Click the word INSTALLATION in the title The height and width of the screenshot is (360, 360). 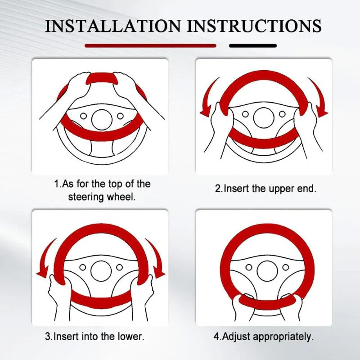point(113,26)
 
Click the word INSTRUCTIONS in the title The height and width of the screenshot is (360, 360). point(254,26)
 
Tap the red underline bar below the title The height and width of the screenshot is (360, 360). point(151,46)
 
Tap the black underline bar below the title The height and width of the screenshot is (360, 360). point(253,46)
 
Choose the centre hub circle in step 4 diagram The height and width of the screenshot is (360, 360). point(267,271)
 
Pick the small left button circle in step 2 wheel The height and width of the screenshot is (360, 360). point(245,114)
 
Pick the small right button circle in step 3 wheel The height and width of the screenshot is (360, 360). point(119,267)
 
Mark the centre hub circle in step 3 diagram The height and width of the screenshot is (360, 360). point(101,271)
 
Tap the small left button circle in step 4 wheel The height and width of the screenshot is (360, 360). point(249,267)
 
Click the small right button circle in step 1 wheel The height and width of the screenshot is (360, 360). point(120,116)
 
